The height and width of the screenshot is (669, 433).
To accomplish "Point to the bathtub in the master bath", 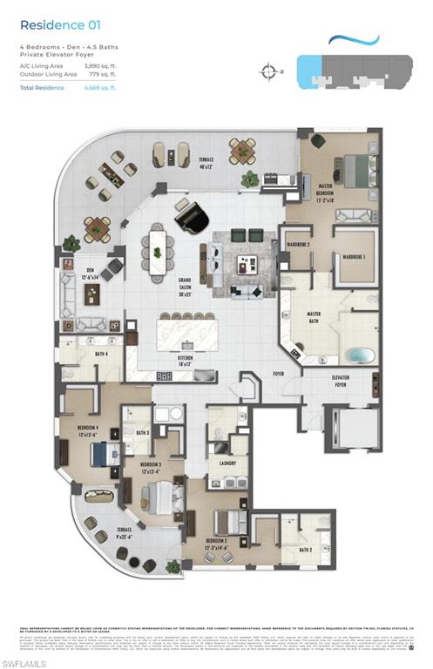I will click(358, 355).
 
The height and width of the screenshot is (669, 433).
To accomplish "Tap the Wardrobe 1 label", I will click(353, 257).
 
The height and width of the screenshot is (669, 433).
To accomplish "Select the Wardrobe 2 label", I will click(297, 244).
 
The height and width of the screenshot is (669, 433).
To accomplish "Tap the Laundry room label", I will click(228, 463).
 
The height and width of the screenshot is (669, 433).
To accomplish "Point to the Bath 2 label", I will click(305, 551).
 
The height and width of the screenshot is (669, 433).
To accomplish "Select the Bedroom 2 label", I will click(217, 543).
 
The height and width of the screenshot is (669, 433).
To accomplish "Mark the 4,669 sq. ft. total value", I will click(100, 88).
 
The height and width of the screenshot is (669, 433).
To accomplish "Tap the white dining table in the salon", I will click(157, 251).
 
